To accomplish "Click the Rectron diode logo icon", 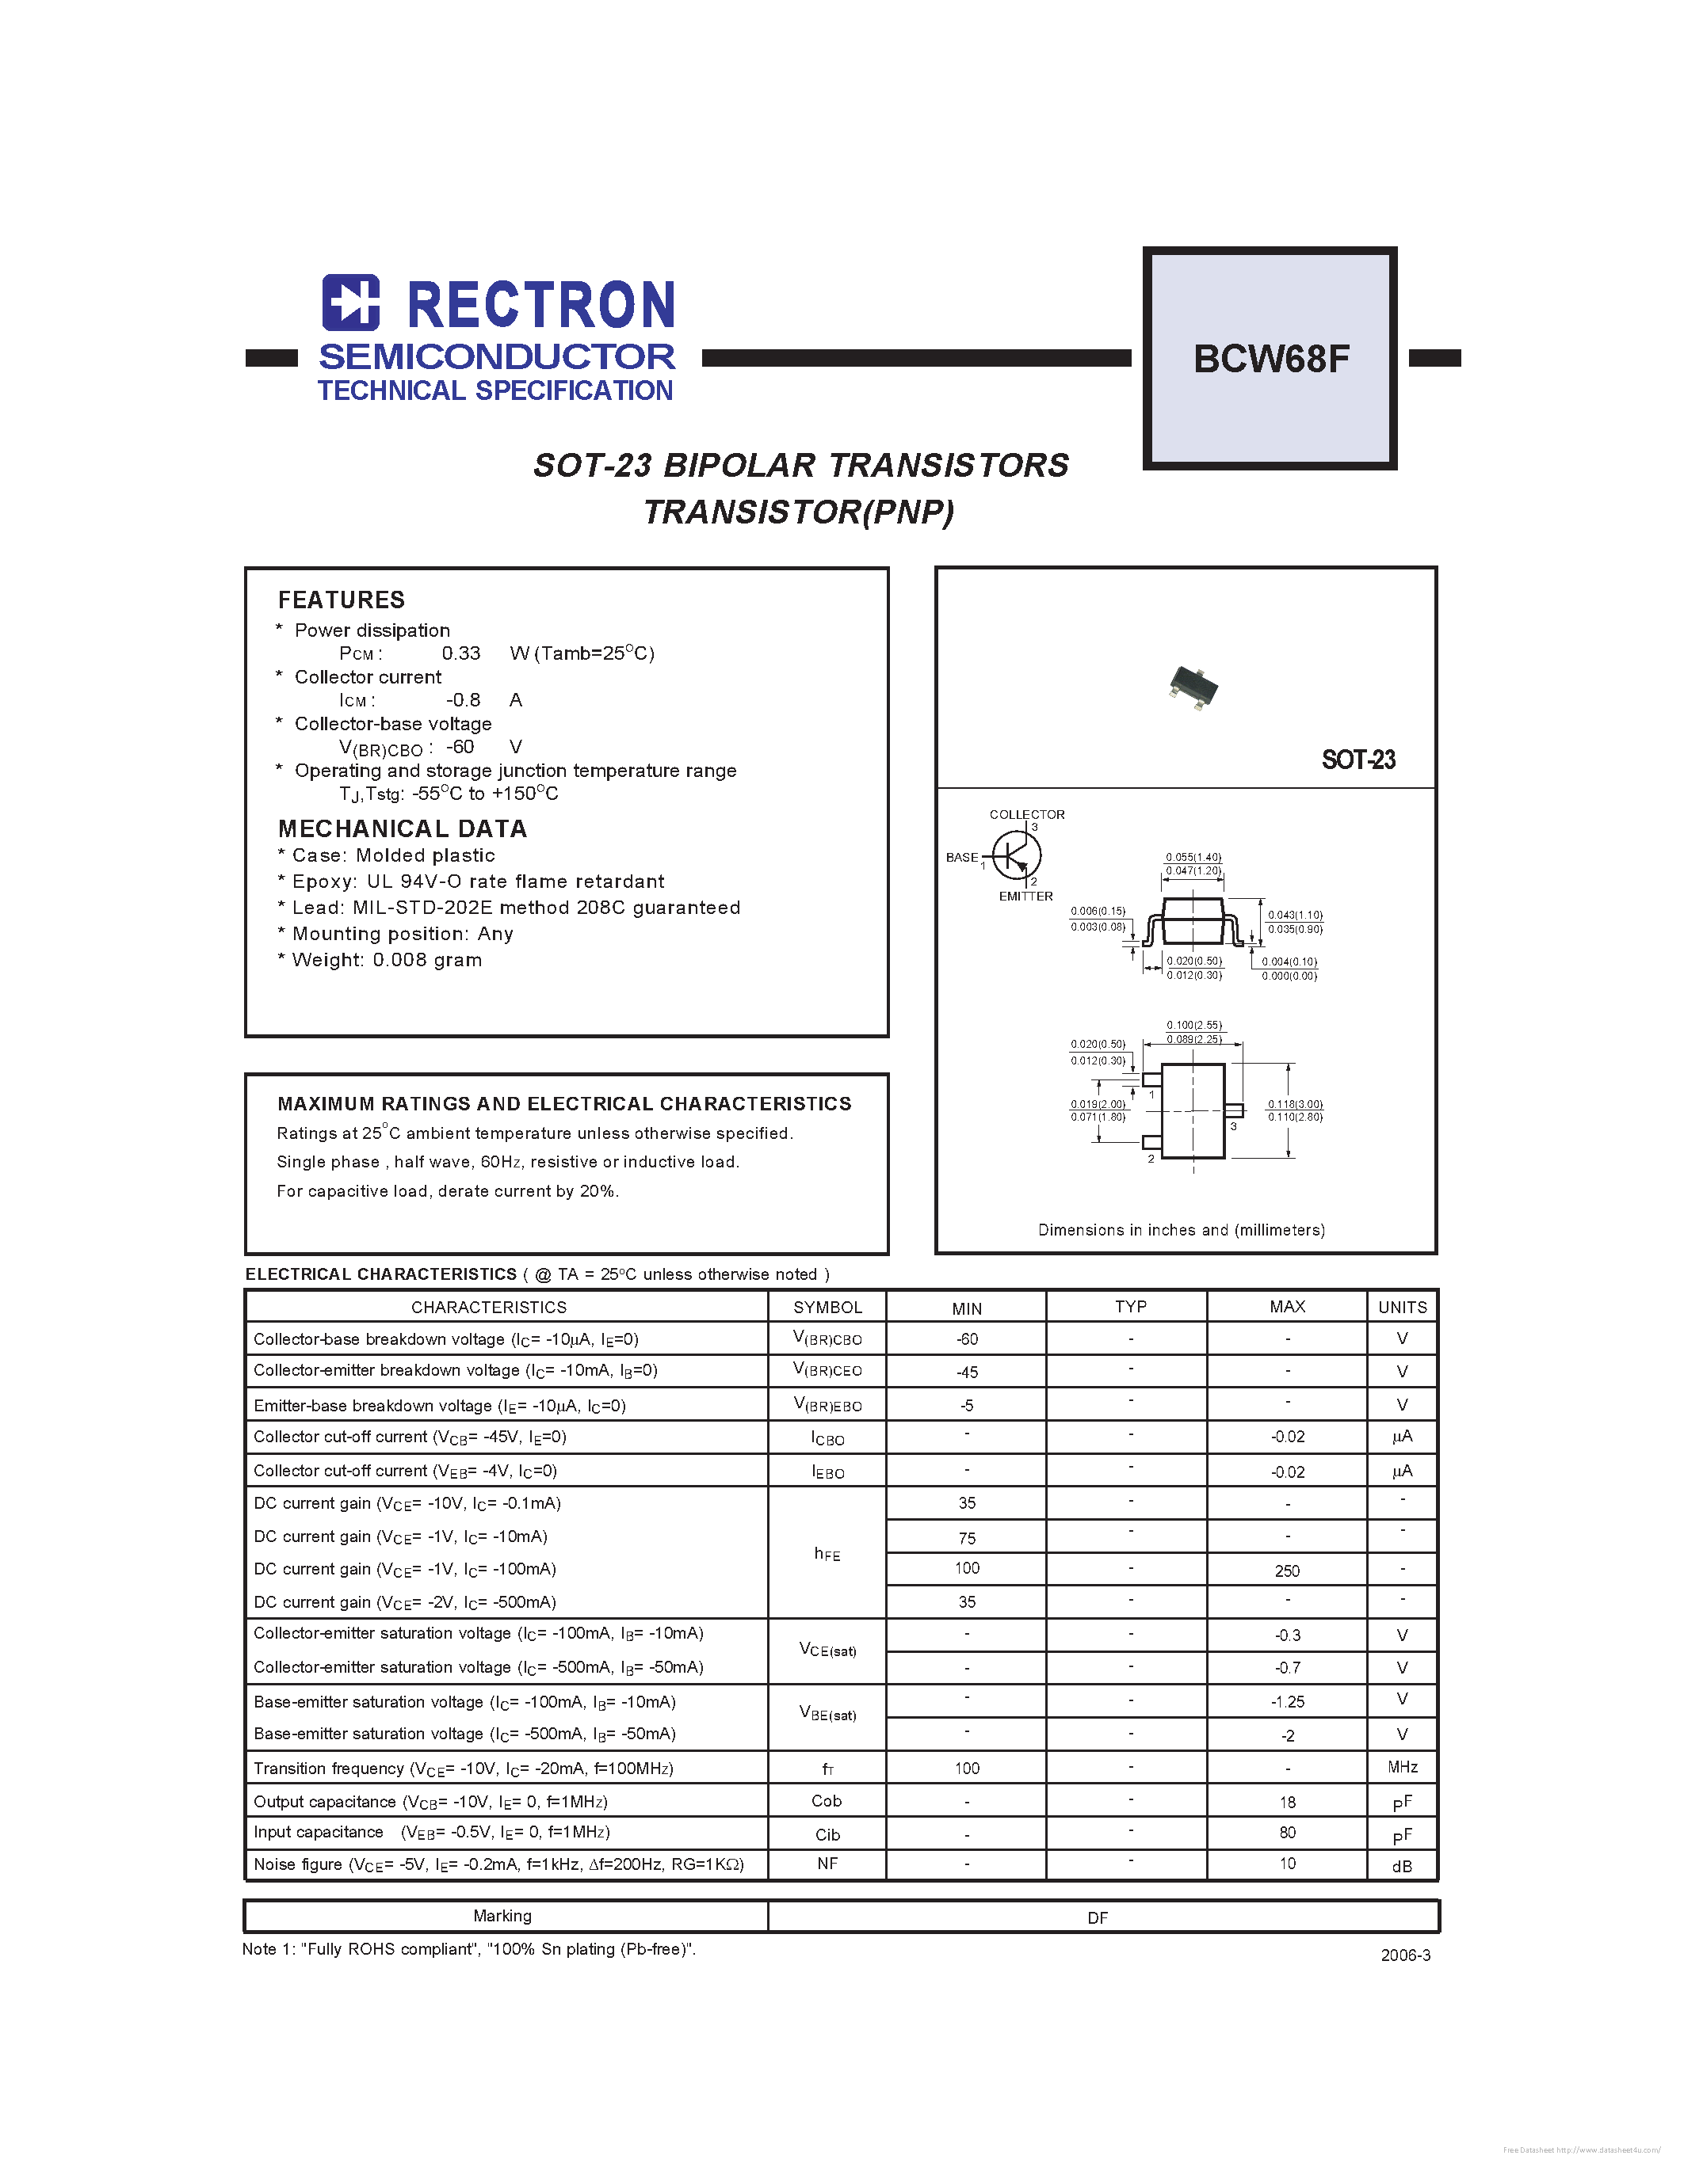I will tap(351, 303).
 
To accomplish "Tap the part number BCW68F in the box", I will tap(1271, 359).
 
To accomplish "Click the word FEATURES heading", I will tap(342, 600).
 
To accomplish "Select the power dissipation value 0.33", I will tap(461, 653).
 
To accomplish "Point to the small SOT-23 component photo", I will tap(1193, 687).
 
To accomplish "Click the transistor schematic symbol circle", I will tap(1017, 855).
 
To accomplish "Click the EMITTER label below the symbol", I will tap(1025, 896).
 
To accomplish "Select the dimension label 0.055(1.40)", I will tap(1193, 857).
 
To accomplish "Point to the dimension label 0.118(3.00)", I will tap(1295, 1104).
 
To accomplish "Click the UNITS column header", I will tap(1402, 1306).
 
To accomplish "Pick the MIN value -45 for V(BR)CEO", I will tap(967, 1373).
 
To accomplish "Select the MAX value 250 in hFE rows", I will tap(1287, 1571).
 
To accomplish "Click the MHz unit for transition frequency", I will tap(1402, 1767).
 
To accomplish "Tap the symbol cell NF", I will tap(827, 1863).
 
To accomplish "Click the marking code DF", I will tap(1098, 1917).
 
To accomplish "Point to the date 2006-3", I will tap(1405, 1955).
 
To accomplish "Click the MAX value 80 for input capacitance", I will tap(1287, 1832).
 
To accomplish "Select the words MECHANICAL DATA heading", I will tap(402, 828).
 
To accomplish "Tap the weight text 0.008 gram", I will tap(427, 959).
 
